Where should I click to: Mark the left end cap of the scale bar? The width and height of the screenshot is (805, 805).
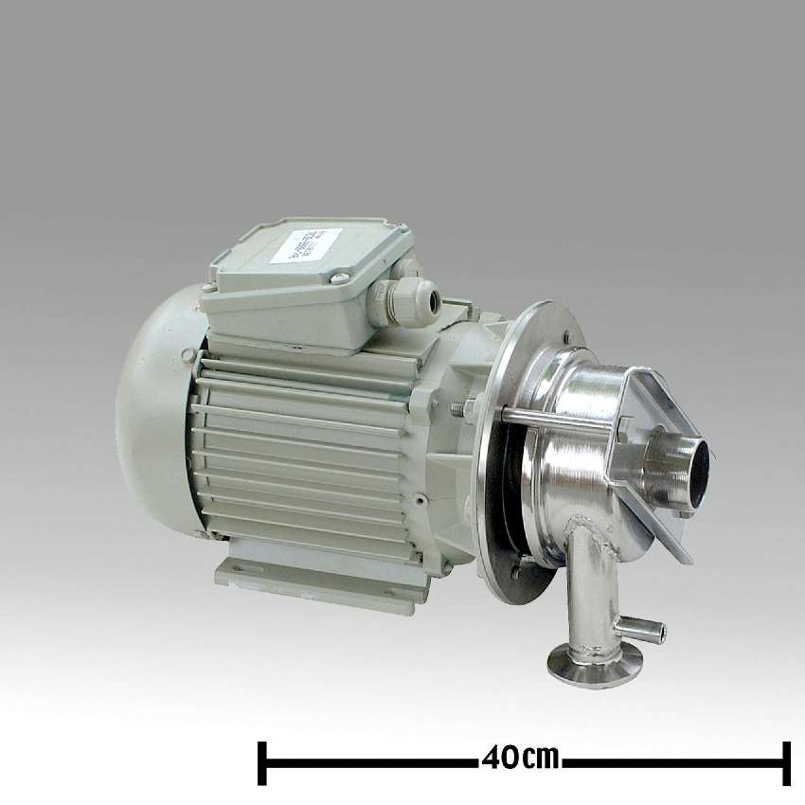(x=262, y=762)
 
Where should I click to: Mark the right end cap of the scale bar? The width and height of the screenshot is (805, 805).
(x=786, y=762)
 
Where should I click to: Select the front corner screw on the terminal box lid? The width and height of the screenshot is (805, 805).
(x=338, y=278)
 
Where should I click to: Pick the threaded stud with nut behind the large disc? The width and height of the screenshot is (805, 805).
(x=464, y=409)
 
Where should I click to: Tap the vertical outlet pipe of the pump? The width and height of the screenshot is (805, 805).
(x=593, y=587)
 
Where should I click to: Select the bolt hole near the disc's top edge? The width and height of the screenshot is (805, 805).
(x=565, y=334)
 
